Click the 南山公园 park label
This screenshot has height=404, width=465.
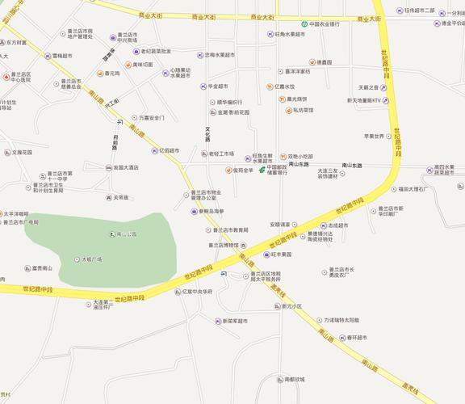(127, 234)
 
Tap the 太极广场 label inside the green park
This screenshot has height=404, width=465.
(90, 259)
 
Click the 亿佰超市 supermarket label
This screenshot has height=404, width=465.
(170, 150)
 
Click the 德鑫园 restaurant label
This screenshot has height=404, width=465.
(323, 62)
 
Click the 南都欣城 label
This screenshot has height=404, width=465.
(294, 379)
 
